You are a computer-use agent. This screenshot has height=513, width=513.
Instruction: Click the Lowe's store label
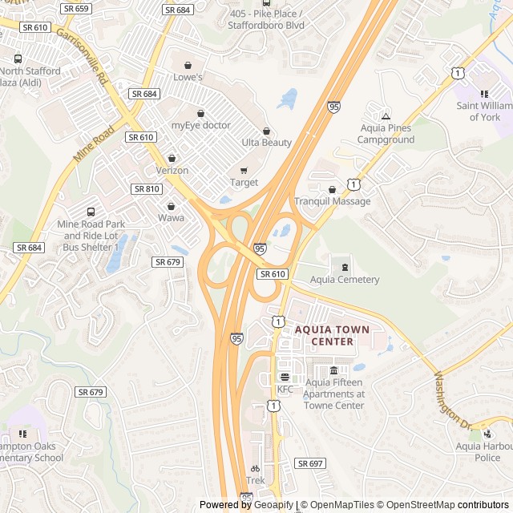(188, 77)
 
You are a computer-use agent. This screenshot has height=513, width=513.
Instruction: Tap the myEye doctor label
(200, 125)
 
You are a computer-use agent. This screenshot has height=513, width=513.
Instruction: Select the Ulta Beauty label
(266, 143)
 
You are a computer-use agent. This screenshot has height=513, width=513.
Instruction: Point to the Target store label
(244, 182)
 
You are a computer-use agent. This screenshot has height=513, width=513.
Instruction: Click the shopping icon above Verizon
(172, 158)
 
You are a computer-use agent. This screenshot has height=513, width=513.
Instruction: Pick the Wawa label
(171, 217)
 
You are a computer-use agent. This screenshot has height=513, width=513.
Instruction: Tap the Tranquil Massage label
(332, 201)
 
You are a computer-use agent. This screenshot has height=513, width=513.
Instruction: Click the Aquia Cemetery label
(345, 280)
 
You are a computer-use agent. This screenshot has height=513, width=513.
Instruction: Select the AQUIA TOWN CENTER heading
(332, 335)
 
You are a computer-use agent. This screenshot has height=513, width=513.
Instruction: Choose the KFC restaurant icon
(285, 377)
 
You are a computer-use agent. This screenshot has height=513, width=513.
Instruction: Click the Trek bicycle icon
(255, 469)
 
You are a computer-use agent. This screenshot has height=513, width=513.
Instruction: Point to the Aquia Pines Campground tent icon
(386, 116)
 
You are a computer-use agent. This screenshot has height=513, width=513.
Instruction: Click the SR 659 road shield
(75, 9)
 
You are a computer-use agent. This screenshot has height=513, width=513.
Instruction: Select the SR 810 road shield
(147, 188)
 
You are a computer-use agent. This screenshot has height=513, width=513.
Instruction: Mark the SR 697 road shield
(309, 464)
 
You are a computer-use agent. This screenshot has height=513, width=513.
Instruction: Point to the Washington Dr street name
(453, 398)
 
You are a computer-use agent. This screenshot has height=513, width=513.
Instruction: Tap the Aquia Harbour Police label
(483, 452)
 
